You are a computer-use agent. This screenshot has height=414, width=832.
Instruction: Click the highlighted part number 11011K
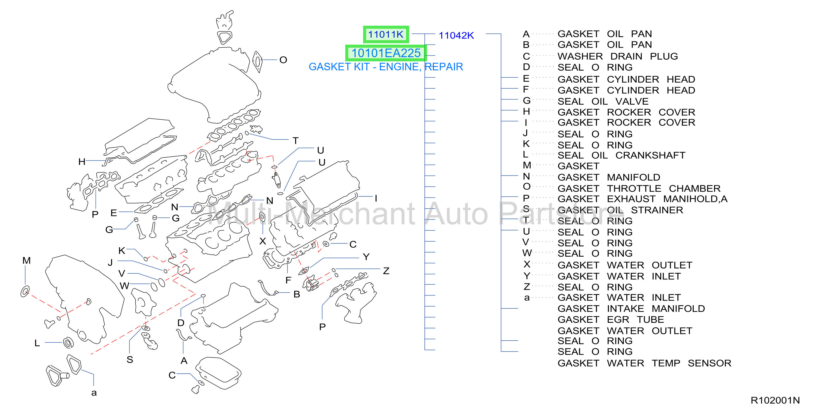[386, 34]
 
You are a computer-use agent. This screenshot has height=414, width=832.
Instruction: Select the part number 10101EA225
[386, 53]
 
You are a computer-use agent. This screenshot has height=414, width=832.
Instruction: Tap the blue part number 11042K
[456, 35]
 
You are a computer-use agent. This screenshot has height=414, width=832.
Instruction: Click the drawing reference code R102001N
[775, 400]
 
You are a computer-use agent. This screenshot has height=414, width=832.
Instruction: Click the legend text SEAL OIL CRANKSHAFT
[621, 155]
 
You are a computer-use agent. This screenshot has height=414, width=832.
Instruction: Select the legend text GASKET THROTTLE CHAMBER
[639, 188]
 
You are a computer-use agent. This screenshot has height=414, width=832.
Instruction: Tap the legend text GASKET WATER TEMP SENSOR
[644, 363]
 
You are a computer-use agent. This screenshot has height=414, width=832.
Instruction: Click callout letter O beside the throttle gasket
[283, 60]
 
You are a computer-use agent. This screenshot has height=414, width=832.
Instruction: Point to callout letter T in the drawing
[296, 141]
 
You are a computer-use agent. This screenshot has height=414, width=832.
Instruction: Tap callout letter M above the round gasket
[27, 260]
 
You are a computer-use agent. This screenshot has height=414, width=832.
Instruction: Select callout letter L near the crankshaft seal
[37, 343]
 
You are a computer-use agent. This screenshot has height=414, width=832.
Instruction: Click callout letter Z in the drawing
[386, 271]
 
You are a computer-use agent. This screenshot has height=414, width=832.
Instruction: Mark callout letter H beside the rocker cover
[82, 162]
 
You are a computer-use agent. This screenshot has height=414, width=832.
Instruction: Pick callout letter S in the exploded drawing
[130, 359]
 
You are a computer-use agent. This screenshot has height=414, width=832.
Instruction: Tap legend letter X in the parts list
[527, 264]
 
